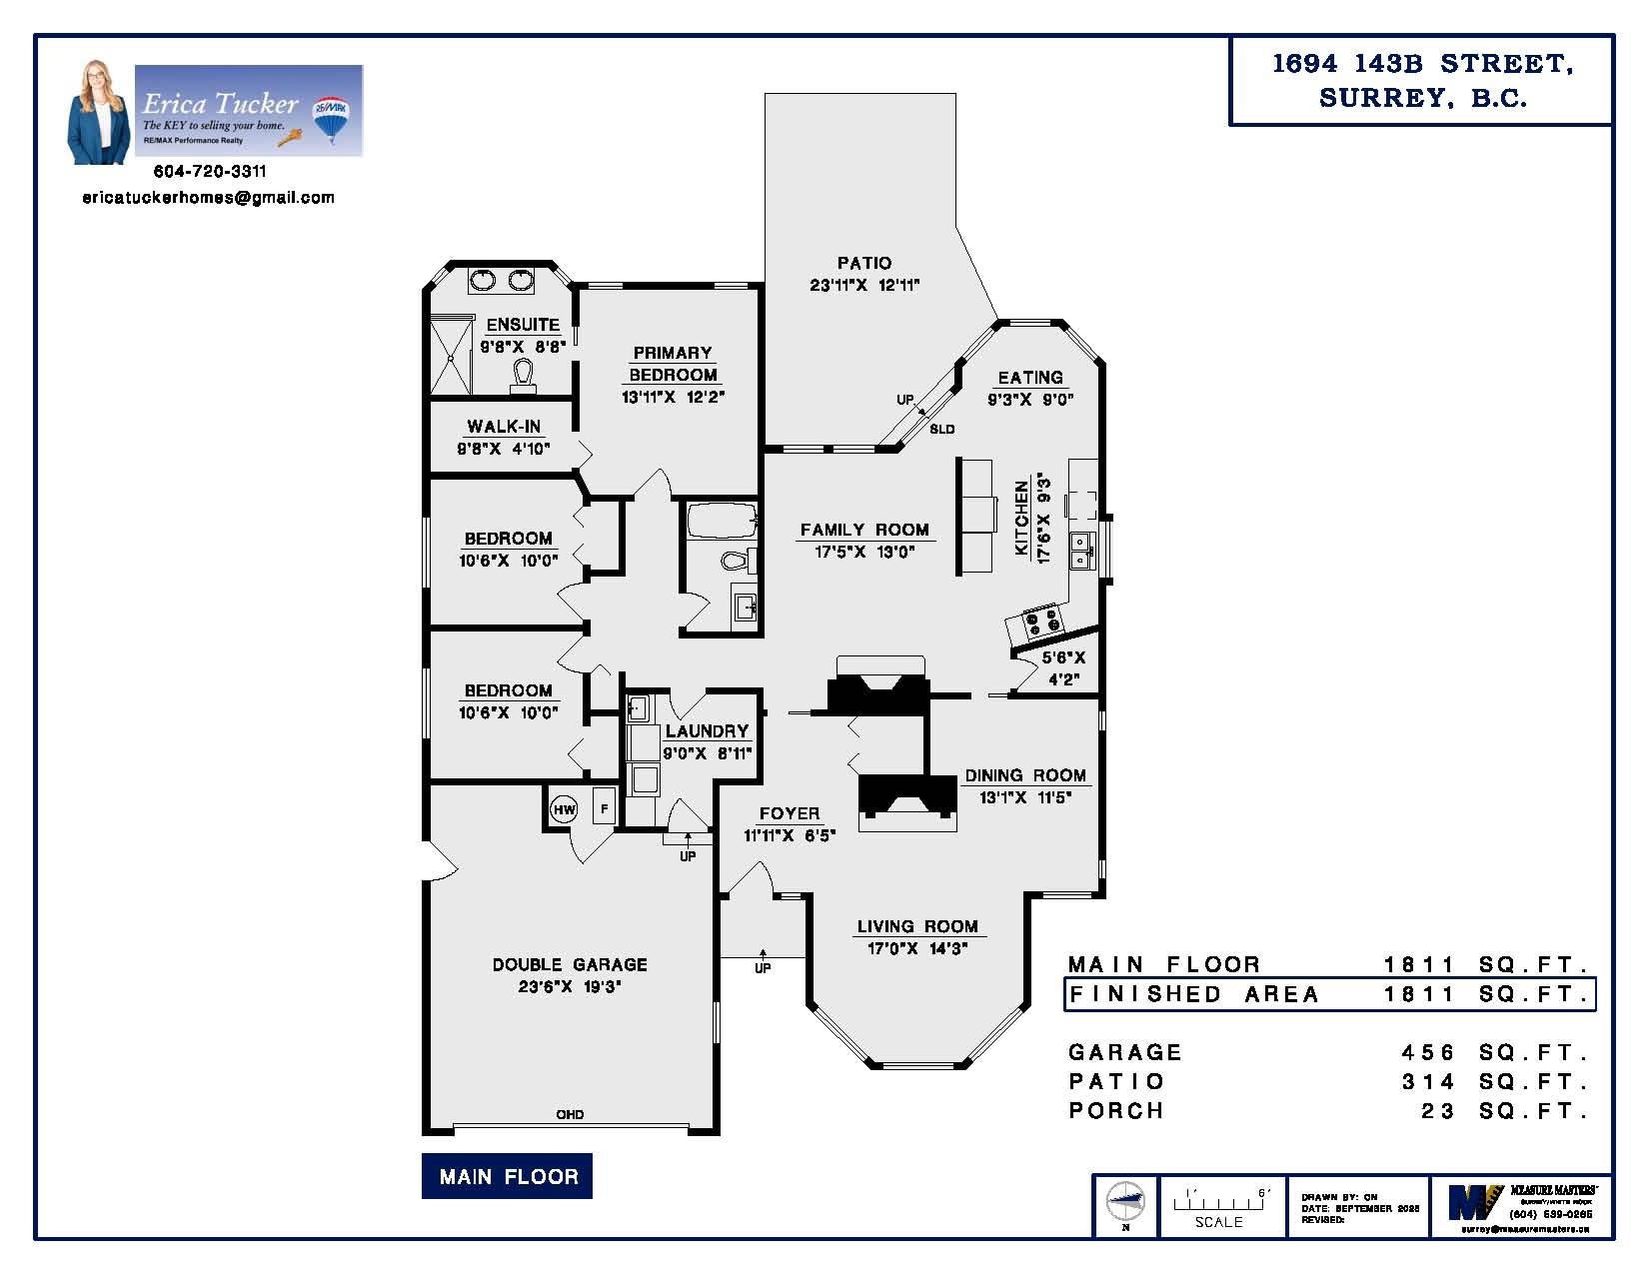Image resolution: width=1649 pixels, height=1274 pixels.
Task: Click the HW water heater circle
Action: (564, 809)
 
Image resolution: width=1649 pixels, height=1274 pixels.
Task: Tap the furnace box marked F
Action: (604, 806)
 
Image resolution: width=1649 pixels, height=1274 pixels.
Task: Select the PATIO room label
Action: (864, 263)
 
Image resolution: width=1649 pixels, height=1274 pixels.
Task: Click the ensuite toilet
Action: (523, 374)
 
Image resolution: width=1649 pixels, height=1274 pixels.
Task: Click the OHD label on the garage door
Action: (570, 1114)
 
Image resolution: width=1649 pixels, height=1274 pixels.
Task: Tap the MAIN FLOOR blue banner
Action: (508, 1176)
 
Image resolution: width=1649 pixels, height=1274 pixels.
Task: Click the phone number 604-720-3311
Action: (210, 172)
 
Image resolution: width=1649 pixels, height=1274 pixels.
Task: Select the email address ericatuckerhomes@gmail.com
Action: (208, 198)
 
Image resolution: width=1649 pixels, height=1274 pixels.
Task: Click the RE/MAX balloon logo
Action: (331, 114)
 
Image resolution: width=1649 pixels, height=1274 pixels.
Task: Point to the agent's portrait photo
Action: (98, 112)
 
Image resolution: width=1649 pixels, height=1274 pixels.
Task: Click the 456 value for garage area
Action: (1430, 1052)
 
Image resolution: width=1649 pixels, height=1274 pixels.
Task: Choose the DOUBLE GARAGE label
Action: (570, 964)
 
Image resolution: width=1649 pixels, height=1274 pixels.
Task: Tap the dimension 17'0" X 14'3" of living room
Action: (916, 948)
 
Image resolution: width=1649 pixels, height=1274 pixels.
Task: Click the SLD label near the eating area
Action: (941, 430)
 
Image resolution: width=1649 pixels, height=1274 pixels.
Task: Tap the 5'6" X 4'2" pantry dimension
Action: (1063, 668)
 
